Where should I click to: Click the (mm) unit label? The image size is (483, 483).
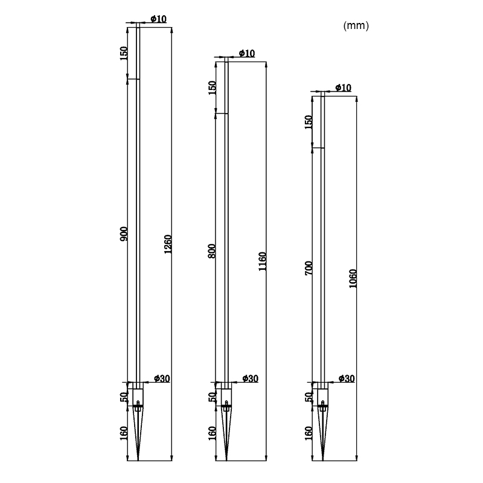point(356,25)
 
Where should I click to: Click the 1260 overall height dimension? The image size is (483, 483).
point(168,245)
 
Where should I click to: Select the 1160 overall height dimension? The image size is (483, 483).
point(262,261)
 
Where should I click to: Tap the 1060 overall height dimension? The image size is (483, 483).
point(353,279)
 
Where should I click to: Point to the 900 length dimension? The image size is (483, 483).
point(124,234)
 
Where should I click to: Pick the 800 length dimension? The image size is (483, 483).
point(212,251)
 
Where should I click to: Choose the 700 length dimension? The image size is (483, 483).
point(309,268)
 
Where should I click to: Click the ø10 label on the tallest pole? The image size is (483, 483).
point(158,19)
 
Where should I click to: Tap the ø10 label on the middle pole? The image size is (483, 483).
point(247,53)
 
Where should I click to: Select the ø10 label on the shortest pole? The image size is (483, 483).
point(343,88)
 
